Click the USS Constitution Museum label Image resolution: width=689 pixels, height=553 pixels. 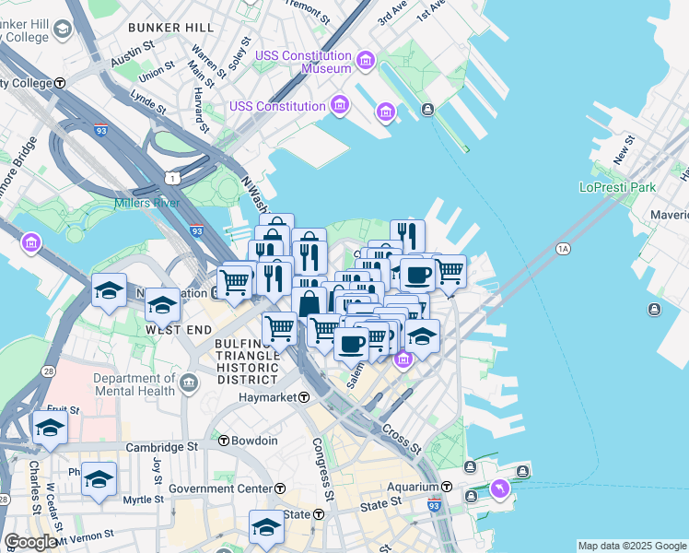[x=304, y=62]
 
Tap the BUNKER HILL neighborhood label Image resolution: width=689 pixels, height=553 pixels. [x=171, y=28]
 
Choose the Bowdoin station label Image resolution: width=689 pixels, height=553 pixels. [x=254, y=441]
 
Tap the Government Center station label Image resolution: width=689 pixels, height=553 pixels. [x=219, y=488]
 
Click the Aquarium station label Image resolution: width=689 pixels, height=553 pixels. [x=413, y=487]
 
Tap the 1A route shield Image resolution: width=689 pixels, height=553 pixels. [x=564, y=249]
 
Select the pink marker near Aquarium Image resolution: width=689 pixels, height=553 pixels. [x=499, y=488]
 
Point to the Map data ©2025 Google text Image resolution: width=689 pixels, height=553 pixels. [x=632, y=546]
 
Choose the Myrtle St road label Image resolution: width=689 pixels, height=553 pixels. [x=143, y=500]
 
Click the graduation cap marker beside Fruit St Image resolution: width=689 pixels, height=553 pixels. [x=50, y=428]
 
